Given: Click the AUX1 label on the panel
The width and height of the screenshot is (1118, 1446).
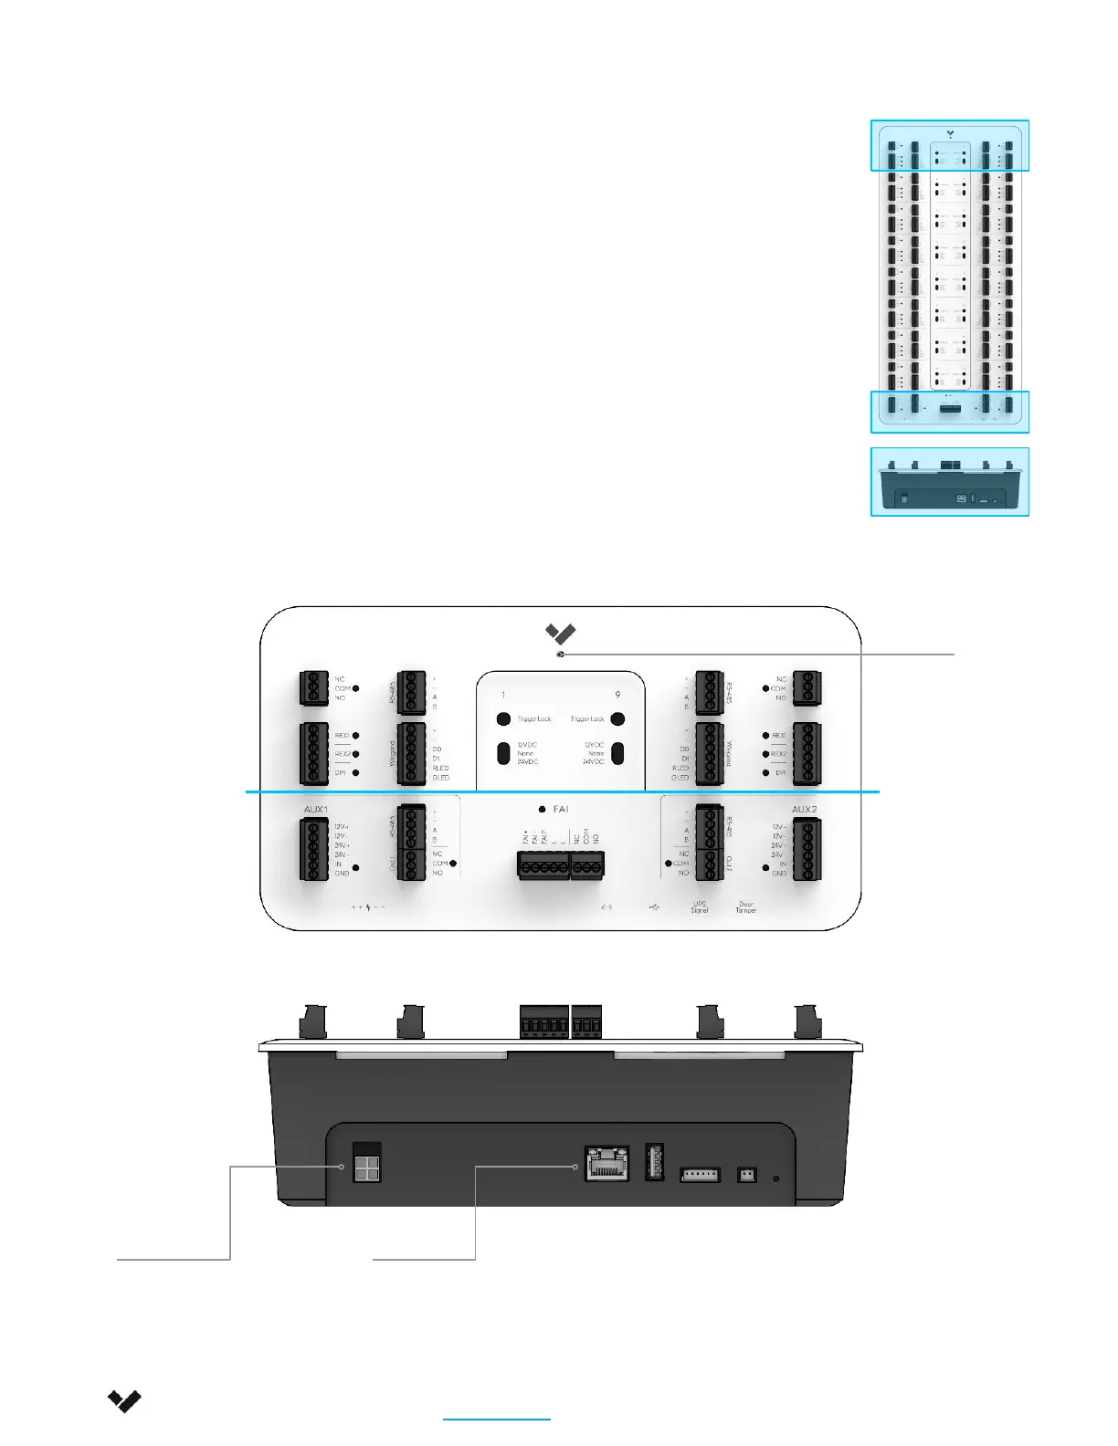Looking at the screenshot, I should (315, 810).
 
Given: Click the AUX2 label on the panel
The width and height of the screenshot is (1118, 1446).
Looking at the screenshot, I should (804, 810).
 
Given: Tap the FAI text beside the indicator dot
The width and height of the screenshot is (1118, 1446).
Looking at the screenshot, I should (561, 810).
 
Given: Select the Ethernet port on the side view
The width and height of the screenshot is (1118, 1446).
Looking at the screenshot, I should (606, 1163).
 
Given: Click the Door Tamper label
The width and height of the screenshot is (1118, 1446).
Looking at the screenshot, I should (746, 907).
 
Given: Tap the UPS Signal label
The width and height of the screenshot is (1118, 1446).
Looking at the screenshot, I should (700, 907).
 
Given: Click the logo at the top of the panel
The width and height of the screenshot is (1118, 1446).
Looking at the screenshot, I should (560, 633).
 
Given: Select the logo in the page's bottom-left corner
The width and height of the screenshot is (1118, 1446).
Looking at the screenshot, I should (124, 1401).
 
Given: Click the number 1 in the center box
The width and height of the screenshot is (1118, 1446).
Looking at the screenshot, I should (503, 695).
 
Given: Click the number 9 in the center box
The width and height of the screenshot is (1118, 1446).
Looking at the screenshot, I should (617, 695).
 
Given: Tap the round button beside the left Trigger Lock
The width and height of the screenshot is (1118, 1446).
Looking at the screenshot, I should (503, 718).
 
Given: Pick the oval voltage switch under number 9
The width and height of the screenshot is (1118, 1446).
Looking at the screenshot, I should (617, 753).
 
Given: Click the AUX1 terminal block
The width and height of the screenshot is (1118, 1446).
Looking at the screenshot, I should (314, 850).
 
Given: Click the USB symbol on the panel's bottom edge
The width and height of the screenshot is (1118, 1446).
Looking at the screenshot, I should (654, 907).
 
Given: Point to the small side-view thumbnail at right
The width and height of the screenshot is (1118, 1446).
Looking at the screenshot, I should (950, 482).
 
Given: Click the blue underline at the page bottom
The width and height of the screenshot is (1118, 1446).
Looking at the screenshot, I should (497, 1420).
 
